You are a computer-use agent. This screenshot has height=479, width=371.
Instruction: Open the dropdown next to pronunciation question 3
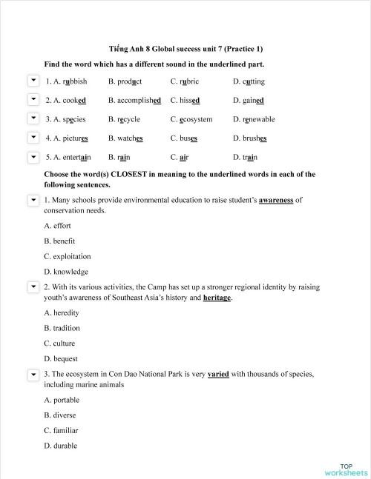33,118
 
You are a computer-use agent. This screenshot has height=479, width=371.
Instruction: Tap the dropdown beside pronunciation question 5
33,157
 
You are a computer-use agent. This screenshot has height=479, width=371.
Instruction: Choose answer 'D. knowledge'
66,272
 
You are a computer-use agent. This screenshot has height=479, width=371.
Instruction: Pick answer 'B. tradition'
62,328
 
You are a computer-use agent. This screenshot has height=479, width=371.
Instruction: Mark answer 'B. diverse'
59,415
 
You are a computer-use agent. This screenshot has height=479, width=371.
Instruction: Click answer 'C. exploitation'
69,256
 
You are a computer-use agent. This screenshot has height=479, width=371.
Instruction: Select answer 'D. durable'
59,446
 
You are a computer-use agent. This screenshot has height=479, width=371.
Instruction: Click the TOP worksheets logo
345,469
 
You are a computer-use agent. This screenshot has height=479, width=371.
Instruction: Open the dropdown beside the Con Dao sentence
33,375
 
